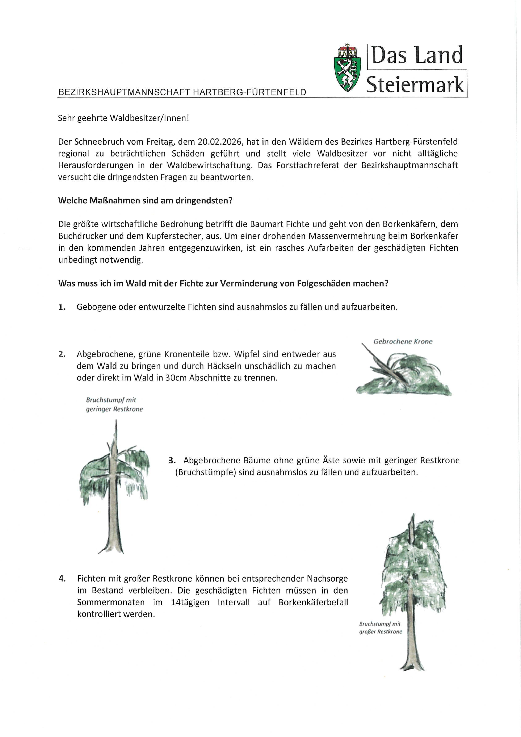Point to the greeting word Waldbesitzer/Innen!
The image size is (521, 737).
150,118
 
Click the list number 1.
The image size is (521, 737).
62,307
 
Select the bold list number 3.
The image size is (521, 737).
172,460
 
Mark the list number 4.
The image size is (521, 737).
62,578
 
